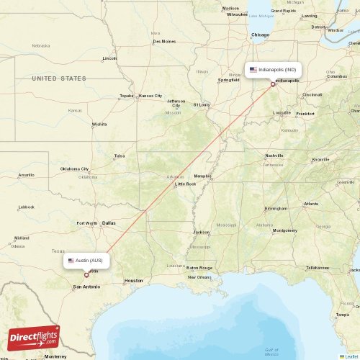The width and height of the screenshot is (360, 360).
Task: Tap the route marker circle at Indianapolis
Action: pos(273,84)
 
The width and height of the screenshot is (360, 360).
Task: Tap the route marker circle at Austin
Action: pos(86,274)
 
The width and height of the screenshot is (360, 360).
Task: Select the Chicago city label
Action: pos(260,35)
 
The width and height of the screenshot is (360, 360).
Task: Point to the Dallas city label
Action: pos(109,223)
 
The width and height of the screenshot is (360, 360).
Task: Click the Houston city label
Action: pos(133,280)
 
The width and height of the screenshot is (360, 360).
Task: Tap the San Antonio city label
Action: pos(86,287)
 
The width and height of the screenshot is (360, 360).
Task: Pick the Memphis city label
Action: pos(202,176)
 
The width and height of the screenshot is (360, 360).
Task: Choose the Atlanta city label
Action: pos(310,204)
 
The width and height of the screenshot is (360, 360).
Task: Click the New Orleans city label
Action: pos(199,277)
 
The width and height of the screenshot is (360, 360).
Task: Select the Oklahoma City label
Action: pos(75,169)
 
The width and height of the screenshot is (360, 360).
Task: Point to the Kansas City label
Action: pos(150,96)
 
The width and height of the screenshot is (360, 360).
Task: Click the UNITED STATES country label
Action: pos(59,78)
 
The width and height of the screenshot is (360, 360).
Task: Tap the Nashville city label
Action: pos(274,155)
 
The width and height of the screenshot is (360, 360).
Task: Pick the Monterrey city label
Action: pos(55,356)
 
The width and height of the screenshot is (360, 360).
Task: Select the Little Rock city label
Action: pos(186,184)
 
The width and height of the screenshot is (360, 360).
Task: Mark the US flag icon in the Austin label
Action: pos(71,260)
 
